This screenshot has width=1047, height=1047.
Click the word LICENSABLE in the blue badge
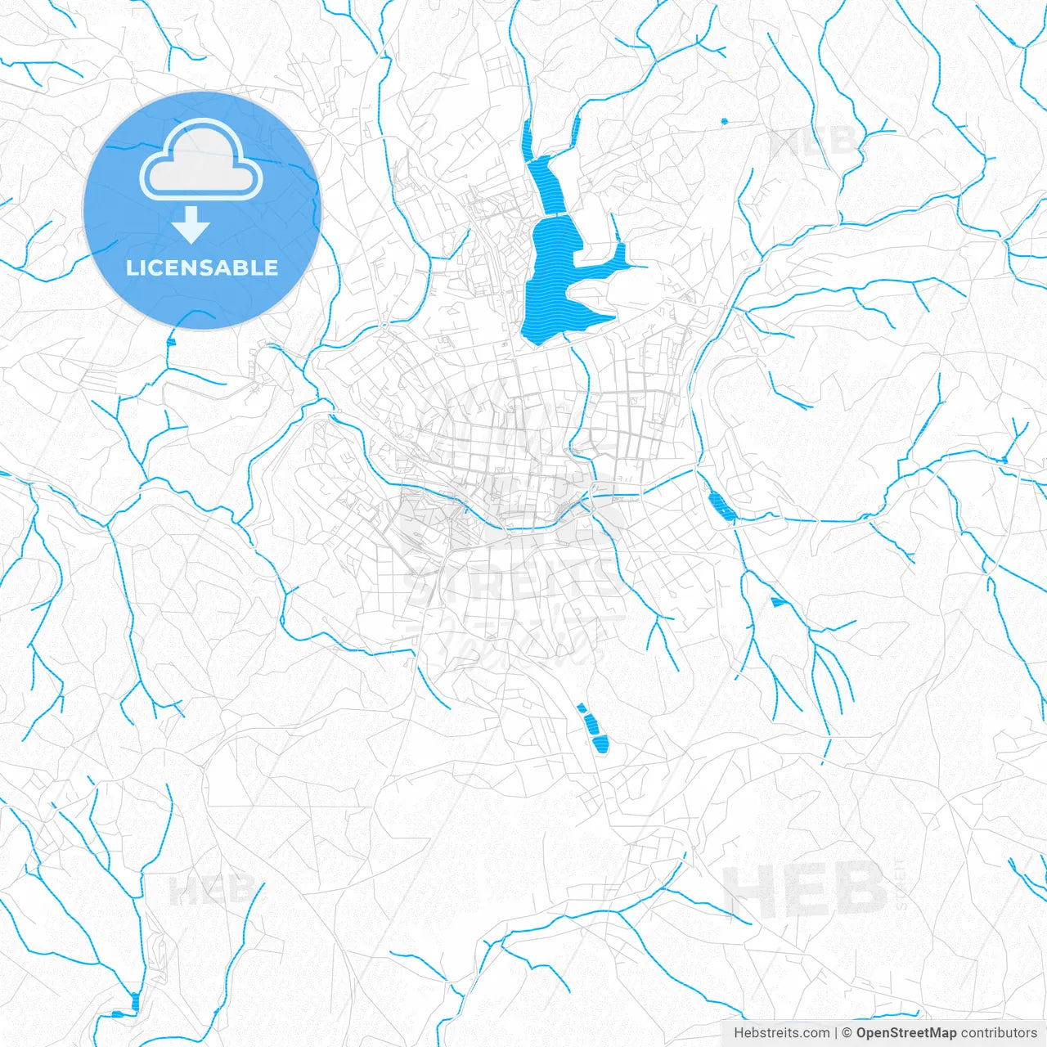pyautogui.click(x=202, y=268)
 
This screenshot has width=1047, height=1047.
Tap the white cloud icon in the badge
pyautogui.click(x=200, y=162)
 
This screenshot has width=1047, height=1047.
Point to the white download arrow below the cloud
pyautogui.click(x=191, y=225)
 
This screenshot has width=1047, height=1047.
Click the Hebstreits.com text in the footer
pyautogui.click(x=781, y=1033)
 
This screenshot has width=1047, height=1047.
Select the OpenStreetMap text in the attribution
pyautogui.click(x=905, y=1033)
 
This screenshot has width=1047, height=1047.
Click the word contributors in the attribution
pyautogui.click(x=998, y=1033)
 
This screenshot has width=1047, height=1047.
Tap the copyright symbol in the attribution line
pyautogui.click(x=847, y=1033)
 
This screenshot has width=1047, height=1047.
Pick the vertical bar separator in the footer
pyautogui.click(x=836, y=1033)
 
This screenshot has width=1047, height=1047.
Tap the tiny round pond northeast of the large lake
pyautogui.click(x=724, y=121)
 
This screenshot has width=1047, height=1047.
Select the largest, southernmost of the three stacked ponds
pyautogui.click(x=601, y=744)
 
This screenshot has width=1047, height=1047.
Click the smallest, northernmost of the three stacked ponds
pyautogui.click(x=582, y=708)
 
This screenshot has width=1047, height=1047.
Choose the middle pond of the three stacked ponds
pyautogui.click(x=590, y=723)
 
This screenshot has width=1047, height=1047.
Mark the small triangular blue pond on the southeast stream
pyautogui.click(x=777, y=603)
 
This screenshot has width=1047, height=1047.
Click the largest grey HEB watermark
pyautogui.click(x=806, y=889)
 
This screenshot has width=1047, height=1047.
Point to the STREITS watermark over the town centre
pyautogui.click(x=515, y=581)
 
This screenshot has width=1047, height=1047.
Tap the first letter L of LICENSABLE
pyautogui.click(x=131, y=268)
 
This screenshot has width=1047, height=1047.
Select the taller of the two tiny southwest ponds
pyautogui.click(x=135, y=1000)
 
